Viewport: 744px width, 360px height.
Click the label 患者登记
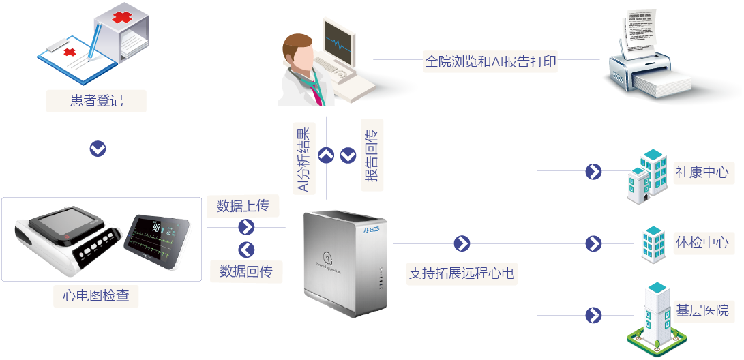coord(97,101)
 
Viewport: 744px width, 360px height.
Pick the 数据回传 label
coord(246,271)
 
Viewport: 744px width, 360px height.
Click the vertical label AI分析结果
coord(303,159)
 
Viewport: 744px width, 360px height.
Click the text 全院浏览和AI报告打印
coord(491,61)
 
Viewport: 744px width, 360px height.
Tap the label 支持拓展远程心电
coord(461,273)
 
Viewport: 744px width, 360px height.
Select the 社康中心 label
coord(702,171)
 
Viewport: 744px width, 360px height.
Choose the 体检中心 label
coord(702,242)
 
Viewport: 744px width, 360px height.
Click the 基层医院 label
coord(702,311)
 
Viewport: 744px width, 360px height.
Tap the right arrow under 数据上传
coord(246,227)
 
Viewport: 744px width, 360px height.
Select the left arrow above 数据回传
coord(246,249)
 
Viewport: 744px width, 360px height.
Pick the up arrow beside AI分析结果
coord(327,155)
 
